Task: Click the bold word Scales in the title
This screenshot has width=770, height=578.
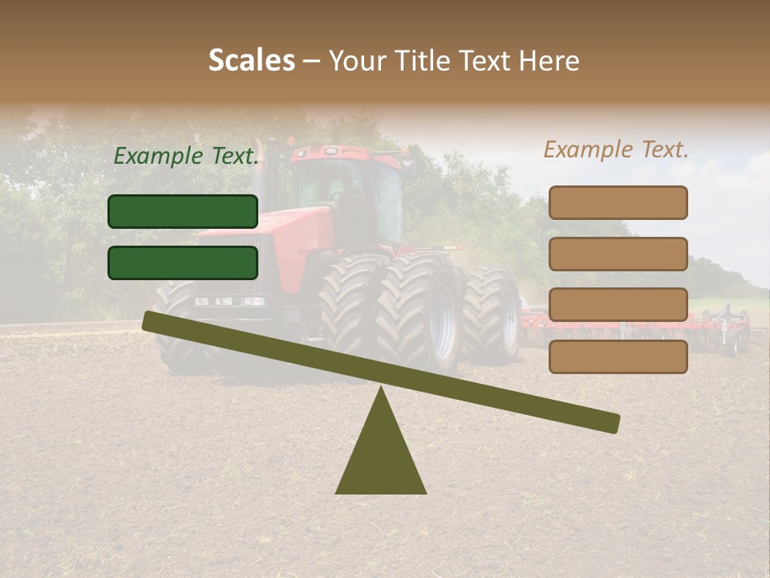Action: pyautogui.click(x=251, y=60)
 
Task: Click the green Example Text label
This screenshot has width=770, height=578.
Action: pyautogui.click(x=186, y=157)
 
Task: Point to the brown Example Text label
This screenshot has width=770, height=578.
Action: pyautogui.click(x=616, y=149)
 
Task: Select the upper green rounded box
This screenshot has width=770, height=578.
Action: pyautogui.click(x=183, y=211)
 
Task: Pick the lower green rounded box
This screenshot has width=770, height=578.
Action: pyautogui.click(x=183, y=263)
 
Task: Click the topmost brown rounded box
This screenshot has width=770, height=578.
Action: pyautogui.click(x=618, y=202)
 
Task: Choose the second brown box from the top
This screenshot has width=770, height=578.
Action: pyautogui.click(x=618, y=254)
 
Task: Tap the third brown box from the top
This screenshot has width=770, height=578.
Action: pyautogui.click(x=618, y=305)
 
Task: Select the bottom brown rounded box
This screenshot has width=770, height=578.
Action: pyautogui.click(x=618, y=356)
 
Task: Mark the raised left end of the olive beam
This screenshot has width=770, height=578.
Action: pyautogui.click(x=152, y=321)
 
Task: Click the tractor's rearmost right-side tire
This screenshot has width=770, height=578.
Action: pyautogui.click(x=491, y=313)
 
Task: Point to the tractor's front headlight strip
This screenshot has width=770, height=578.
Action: pyautogui.click(x=229, y=301)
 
